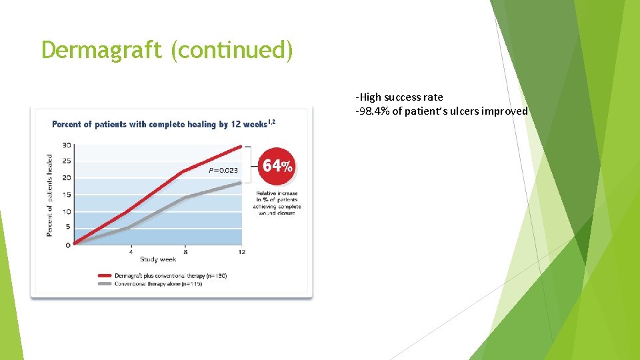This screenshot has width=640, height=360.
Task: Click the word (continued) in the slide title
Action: tap(231, 50)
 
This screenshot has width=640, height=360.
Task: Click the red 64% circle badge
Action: tap(277, 166)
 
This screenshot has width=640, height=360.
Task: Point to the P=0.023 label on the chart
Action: tap(223, 171)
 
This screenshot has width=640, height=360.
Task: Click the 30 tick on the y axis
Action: tap(67, 145)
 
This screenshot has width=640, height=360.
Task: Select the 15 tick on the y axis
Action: tap(67, 195)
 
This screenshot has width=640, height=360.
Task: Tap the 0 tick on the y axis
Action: tap(68, 245)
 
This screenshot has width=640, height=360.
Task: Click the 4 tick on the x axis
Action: tap(131, 252)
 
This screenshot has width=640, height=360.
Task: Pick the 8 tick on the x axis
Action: tap(186, 252)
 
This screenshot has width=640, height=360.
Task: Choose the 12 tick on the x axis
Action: tap(241, 252)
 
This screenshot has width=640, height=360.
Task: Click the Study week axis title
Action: tap(158, 260)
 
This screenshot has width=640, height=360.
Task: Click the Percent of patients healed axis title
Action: tap(50, 195)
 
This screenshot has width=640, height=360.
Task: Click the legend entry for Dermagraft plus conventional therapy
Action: tap(170, 275)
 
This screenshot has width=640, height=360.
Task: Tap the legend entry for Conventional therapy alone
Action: tap(158, 283)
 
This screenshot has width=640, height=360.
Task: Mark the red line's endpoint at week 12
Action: tap(241, 146)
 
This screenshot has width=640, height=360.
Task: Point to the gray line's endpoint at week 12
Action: tap(241, 182)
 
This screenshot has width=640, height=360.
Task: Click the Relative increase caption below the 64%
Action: tap(277, 203)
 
